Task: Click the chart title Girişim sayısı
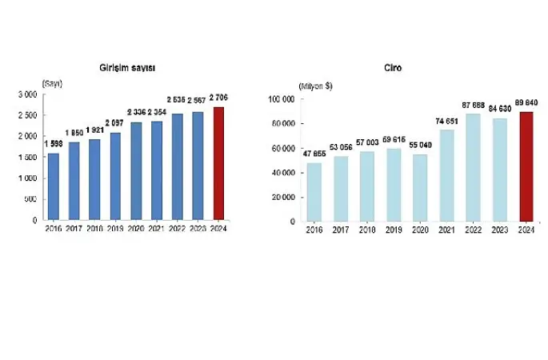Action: pos(133,69)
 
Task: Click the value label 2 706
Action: pos(218,98)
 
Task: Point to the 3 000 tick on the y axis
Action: pos(27,94)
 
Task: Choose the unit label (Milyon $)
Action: pos(315,86)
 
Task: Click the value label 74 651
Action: pos(446,122)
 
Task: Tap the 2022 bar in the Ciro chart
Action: pos(474,167)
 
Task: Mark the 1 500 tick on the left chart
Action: pos(27,157)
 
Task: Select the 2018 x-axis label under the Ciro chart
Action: pos(368,229)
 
